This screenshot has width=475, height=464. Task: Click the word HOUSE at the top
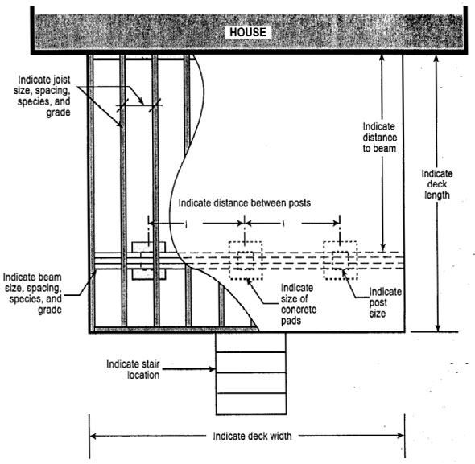[249, 32]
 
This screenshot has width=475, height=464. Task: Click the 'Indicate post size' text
[385, 302]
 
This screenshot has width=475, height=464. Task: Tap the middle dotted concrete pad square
[245, 261]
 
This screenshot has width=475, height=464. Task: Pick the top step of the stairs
[250, 341]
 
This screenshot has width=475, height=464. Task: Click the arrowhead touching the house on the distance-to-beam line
[384, 57]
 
